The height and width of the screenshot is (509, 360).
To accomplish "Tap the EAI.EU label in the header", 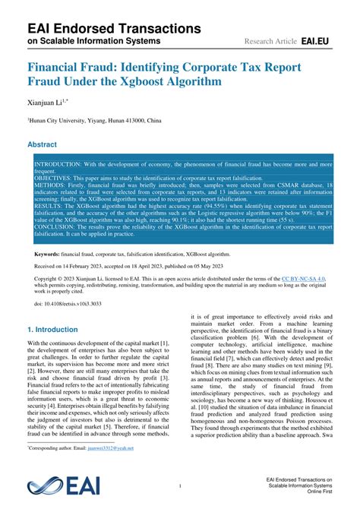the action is coord(317,39).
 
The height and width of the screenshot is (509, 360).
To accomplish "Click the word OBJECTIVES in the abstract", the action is coord(57,177).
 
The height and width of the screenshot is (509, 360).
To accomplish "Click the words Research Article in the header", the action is coord(270,40).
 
